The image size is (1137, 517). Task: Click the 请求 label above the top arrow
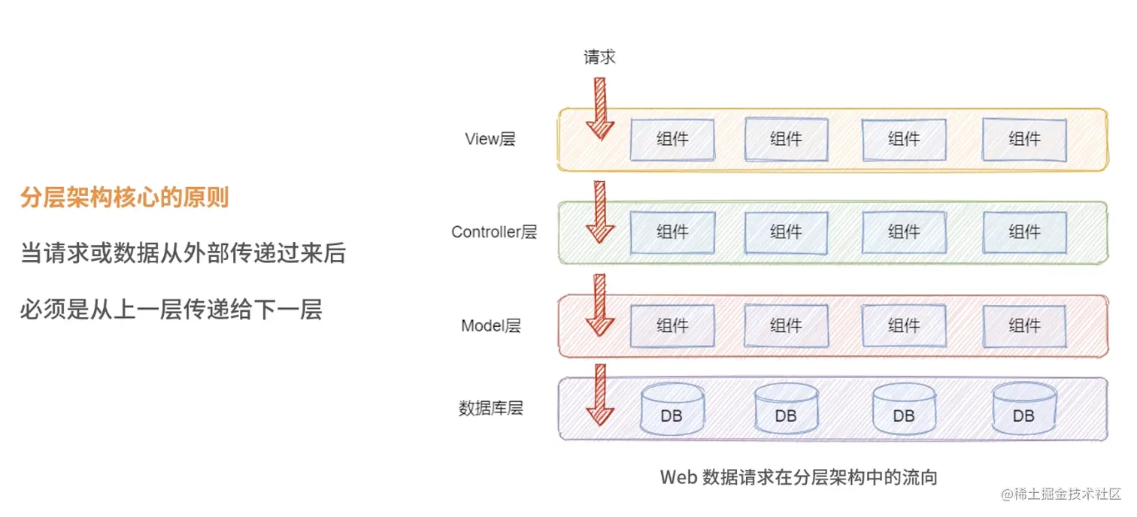point(599,57)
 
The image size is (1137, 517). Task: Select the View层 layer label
point(490,139)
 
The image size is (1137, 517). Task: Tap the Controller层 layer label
point(494,232)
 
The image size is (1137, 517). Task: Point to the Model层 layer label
point(491,326)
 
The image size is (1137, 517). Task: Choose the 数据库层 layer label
point(490,409)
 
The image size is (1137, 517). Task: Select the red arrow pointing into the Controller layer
point(600,212)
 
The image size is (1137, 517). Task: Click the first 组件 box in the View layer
point(672,140)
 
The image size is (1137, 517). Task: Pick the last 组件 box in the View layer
point(1024,140)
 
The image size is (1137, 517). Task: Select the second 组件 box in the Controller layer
point(786,233)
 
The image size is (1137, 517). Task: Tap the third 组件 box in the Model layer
point(903,326)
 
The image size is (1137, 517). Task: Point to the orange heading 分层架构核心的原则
point(125,198)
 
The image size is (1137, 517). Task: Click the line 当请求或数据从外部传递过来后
point(183,254)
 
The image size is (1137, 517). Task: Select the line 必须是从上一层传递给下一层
point(171,310)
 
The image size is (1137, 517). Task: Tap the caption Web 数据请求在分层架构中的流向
point(799,477)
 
